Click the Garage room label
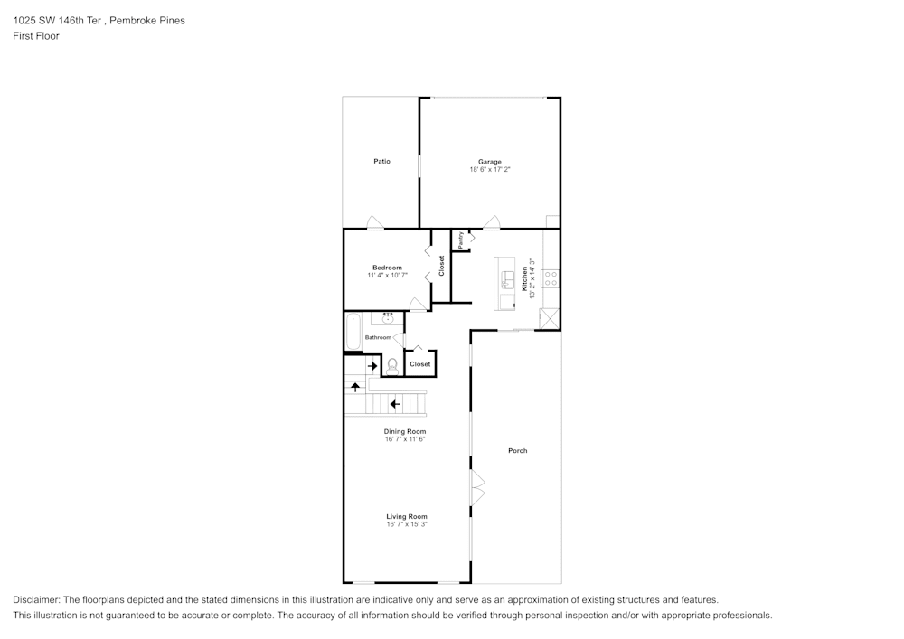[x=489, y=162]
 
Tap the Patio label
[x=381, y=162]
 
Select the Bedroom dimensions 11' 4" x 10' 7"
[x=388, y=276]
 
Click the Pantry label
[x=461, y=240]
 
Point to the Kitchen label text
[x=524, y=278]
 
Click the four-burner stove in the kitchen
[x=551, y=279]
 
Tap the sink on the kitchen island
[x=507, y=280]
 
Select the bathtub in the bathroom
[x=353, y=332]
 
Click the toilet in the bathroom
[x=392, y=366]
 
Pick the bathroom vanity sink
[x=388, y=317]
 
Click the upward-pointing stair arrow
[x=355, y=387]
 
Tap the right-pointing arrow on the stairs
[x=372, y=365]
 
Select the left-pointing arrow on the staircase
[x=395, y=404]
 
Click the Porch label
[x=518, y=451]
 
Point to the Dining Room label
[x=405, y=431]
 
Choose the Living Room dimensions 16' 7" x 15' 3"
[x=407, y=524]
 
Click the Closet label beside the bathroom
[x=419, y=364]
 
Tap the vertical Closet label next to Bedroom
[x=442, y=266]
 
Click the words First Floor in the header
[x=36, y=36]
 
